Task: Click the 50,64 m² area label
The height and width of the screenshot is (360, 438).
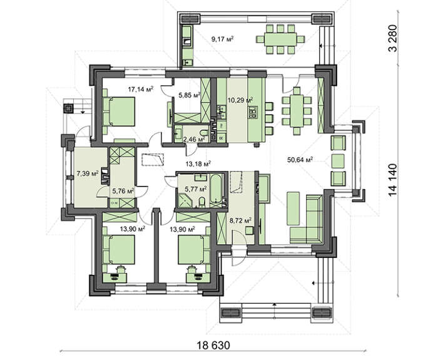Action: click(300, 160)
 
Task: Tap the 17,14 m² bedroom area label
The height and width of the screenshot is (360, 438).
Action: click(141, 90)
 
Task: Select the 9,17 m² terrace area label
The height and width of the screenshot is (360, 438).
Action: click(222, 39)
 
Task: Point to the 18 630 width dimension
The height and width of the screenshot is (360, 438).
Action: click(213, 346)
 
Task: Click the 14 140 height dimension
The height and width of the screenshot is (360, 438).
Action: click(392, 180)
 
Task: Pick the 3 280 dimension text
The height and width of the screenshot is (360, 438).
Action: click(392, 38)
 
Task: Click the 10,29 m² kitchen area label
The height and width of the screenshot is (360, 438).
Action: click(240, 100)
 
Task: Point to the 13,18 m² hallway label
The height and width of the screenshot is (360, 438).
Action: click(198, 164)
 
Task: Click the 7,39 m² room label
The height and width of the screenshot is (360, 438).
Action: click(88, 174)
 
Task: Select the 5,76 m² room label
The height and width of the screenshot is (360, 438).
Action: click(123, 191)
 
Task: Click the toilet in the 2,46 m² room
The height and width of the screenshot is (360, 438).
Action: click(204, 132)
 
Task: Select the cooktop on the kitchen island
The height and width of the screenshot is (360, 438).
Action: click(253, 112)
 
